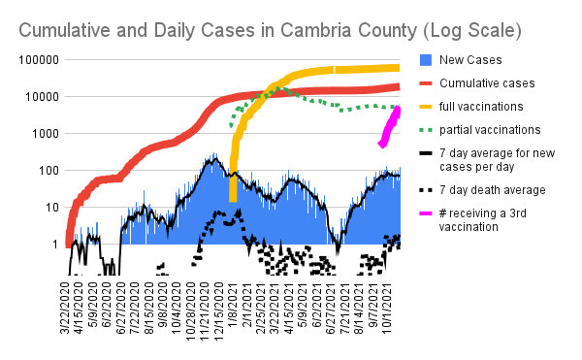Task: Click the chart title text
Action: click(270, 30)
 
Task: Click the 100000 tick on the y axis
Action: click(39, 60)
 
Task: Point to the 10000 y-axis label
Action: click(43, 97)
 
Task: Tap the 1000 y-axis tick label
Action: click(46, 134)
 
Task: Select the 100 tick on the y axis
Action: click(49, 171)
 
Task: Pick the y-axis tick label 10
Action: click(52, 208)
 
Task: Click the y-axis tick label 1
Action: click(55, 245)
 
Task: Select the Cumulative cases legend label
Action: click(487, 83)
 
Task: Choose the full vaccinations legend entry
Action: click(481, 107)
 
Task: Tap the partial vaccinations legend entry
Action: click(490, 130)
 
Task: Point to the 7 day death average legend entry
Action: click(493, 190)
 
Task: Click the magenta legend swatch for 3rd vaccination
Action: click(426, 213)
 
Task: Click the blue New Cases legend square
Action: click(426, 60)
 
